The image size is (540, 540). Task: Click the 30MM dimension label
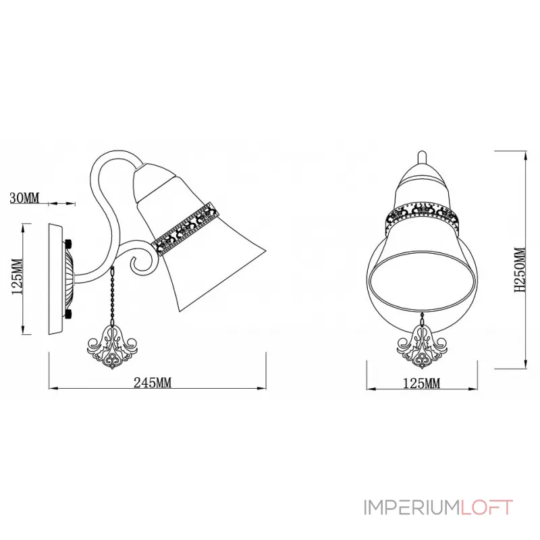(24, 198)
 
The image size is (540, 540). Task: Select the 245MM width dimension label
(153, 383)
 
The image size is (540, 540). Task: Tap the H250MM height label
(520, 269)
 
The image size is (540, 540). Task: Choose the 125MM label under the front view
(421, 383)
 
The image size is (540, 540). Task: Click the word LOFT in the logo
(486, 508)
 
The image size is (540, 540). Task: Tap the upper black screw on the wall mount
(69, 244)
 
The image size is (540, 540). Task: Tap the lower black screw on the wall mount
(69, 314)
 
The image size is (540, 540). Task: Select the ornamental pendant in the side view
(112, 348)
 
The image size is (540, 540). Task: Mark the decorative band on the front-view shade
(423, 215)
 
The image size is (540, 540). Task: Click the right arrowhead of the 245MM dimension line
(263, 389)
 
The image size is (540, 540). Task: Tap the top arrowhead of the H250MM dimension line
(525, 157)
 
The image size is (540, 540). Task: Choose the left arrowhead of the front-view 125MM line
(371, 389)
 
